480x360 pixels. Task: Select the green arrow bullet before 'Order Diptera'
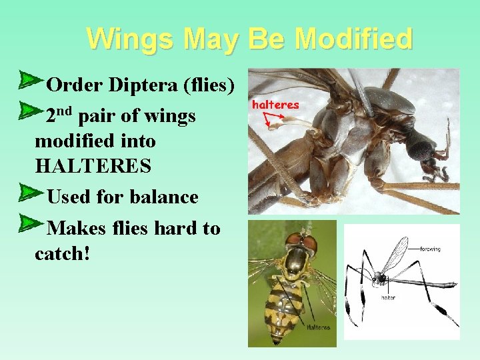click(x=29, y=81)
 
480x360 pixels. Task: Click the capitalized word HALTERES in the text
click(x=93, y=165)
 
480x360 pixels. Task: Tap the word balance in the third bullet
click(x=165, y=197)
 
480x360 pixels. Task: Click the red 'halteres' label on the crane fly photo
click(x=275, y=105)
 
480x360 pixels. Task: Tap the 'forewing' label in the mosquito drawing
click(x=430, y=249)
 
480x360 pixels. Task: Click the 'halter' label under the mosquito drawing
click(x=388, y=297)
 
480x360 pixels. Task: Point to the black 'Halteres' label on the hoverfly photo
click(x=318, y=327)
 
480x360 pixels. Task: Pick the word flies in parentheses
click(x=209, y=85)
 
